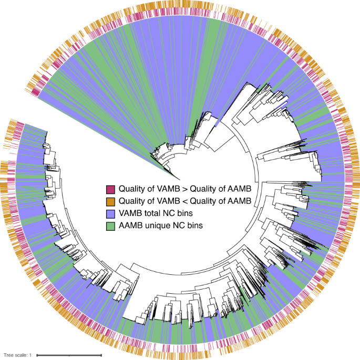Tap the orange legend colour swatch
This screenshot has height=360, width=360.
(110, 201)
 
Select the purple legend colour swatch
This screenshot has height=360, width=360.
(110, 214)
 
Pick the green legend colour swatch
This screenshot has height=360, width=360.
(110, 227)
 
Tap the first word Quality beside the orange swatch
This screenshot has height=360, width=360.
(133, 201)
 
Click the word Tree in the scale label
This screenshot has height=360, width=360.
(9, 355)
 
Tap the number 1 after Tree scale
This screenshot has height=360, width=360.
(30, 355)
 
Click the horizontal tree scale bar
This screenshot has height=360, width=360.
(68, 355)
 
